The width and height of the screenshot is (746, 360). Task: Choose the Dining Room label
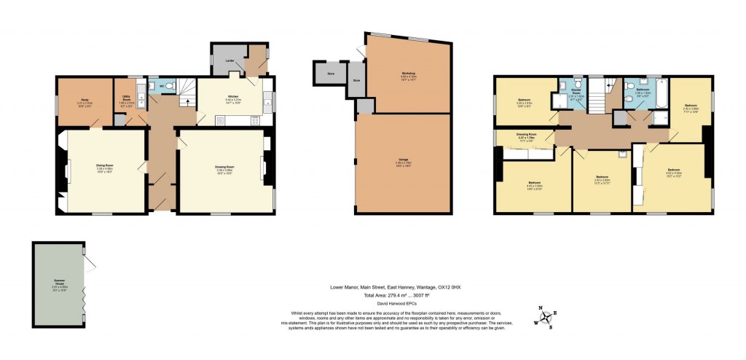point(105,167)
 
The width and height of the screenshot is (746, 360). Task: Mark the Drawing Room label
point(224,168)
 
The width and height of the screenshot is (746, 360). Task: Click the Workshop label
point(407,74)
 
